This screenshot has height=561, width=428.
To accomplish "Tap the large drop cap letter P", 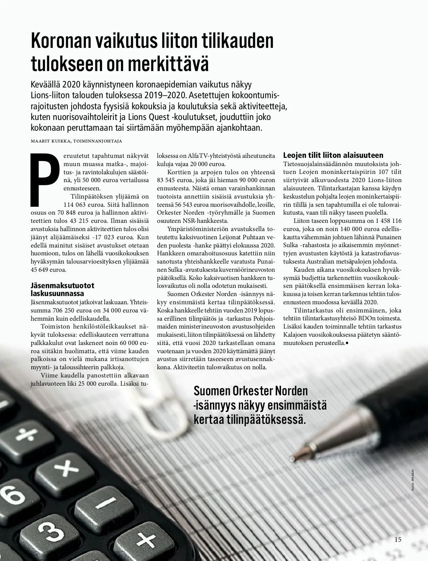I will click(x=45, y=180).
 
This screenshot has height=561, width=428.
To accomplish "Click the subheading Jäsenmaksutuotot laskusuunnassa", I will click(x=57, y=289).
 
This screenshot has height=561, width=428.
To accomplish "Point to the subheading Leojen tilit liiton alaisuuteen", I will click(x=333, y=155).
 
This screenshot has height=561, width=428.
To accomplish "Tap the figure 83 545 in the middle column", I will click(x=169, y=180).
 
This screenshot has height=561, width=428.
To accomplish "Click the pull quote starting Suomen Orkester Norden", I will click(x=260, y=405).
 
